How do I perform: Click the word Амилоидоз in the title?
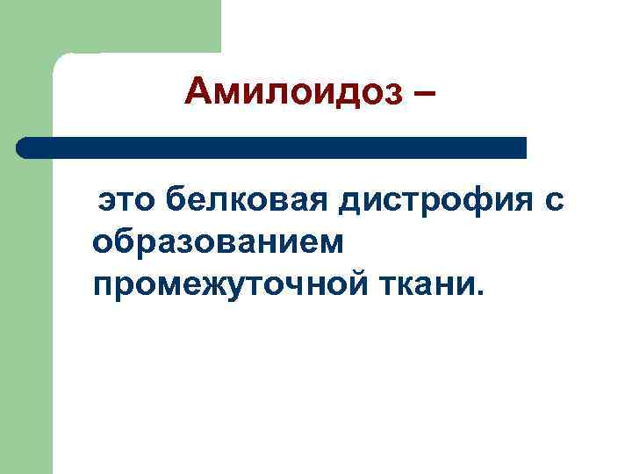(x=291, y=91)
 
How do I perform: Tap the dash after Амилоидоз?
(x=422, y=93)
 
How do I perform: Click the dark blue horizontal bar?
(x=272, y=147)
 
